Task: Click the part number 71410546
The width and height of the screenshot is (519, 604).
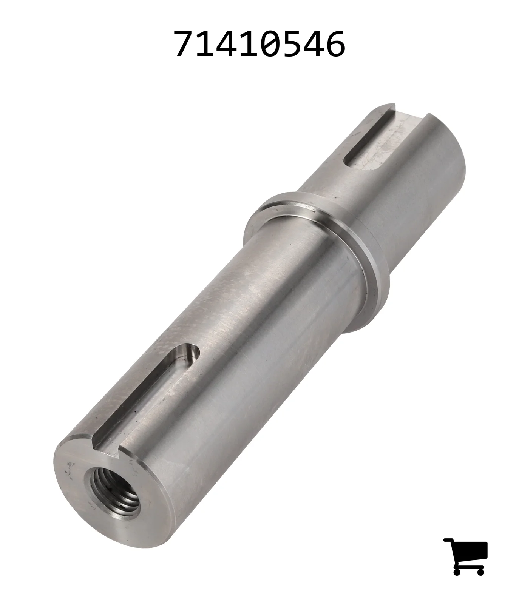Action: (x=259, y=44)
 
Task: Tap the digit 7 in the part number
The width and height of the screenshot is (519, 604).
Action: (x=184, y=44)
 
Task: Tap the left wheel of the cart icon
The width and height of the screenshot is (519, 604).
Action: (x=457, y=572)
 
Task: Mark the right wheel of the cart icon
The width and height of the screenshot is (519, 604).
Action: (x=480, y=572)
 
